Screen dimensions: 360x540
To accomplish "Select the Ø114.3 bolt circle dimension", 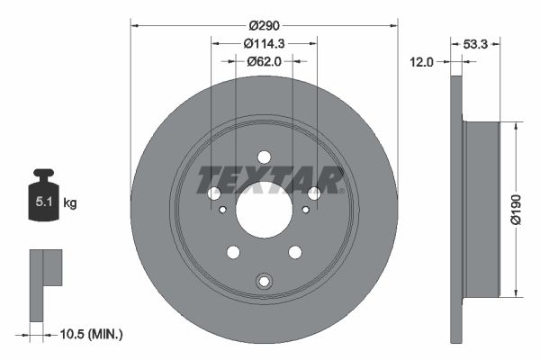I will pos(264,42).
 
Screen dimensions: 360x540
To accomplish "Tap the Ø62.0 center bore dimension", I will pos(264,61).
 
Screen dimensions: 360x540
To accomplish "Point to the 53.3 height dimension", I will pos(474,42).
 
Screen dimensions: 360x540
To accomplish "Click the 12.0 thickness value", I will pos(422,61).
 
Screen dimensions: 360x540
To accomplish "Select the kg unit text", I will pos(70,203).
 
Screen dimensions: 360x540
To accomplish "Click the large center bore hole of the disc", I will pos(264,209).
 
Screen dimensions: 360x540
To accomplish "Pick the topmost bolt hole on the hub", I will pos(264,156).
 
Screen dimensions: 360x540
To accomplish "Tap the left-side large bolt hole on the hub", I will pos(214,193).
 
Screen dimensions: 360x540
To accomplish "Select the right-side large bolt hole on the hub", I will pos(314,193).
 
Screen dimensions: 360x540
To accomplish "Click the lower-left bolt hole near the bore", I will pos(233,252).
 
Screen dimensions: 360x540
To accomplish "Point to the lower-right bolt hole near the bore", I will pos(294,252).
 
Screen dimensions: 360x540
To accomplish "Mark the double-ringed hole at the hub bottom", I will pos(264,281).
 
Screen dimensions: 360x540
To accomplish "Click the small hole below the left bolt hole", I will pos(222,210).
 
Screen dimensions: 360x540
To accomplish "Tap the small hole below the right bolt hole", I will pos(306,210).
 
